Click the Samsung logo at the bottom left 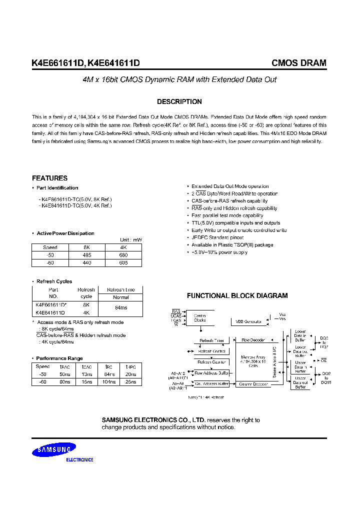[54, 451]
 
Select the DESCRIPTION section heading [179, 101]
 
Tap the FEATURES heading [49, 178]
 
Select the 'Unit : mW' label [131, 240]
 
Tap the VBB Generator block [249, 321]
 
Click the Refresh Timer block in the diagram [211, 340]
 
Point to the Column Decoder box [252, 384]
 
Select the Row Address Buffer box [211, 373]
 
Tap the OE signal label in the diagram [323, 359]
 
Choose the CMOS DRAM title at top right [298, 63]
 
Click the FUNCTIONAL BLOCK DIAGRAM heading [237, 296]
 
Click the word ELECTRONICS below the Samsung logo [80, 459]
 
